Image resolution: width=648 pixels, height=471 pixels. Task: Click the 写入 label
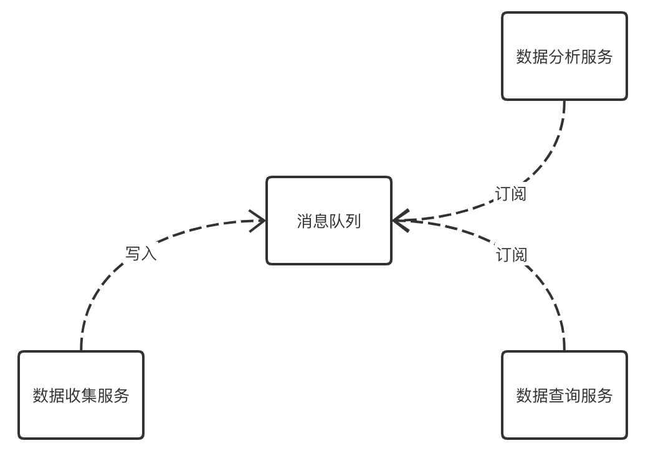[141, 254]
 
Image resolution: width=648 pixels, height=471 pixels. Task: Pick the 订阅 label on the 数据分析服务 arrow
[511, 194]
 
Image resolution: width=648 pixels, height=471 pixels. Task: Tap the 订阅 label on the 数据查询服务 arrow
[512, 254]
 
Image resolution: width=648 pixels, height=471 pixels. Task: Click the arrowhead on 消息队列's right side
[400, 220]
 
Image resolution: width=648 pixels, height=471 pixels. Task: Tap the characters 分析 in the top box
[565, 57]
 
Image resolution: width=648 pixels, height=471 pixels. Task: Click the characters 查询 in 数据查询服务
[565, 396]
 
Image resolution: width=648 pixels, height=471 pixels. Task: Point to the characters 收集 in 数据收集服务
[81, 396]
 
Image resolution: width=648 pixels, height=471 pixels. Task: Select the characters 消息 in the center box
[313, 221]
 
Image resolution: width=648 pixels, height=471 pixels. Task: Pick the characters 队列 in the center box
[345, 221]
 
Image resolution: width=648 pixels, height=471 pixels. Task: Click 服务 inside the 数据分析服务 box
[597, 57]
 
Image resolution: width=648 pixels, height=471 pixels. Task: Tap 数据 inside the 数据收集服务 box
[49, 396]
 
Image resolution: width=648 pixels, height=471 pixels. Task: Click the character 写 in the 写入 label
[133, 254]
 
